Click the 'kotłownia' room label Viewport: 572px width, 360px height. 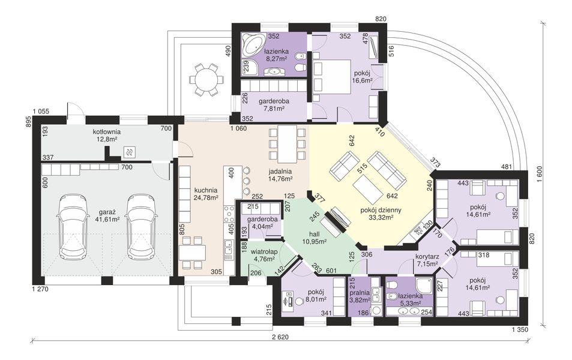107,131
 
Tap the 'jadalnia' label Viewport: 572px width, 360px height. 280,171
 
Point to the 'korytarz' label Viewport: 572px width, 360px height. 427,256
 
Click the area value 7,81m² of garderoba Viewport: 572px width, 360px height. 274,109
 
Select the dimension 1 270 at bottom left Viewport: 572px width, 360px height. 39,289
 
